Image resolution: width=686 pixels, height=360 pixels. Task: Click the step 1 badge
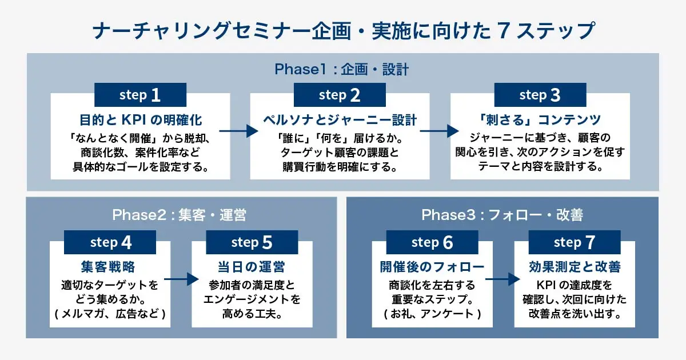click(x=140, y=95)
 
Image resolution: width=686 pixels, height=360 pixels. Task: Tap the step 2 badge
click(x=340, y=95)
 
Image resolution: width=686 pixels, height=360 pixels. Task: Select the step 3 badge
click(x=540, y=95)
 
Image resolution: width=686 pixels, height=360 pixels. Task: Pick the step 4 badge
click(x=110, y=242)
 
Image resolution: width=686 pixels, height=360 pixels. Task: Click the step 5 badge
click(x=252, y=242)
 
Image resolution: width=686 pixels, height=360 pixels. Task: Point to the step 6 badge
click(x=432, y=242)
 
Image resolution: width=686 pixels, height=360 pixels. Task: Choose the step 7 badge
click(x=574, y=242)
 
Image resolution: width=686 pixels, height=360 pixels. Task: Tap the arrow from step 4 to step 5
click(x=181, y=280)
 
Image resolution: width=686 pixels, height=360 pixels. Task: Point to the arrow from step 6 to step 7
click(x=503, y=280)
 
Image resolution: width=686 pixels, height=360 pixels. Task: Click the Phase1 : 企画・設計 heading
click(x=342, y=70)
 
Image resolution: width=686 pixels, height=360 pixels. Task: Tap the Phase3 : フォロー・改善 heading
click(x=502, y=215)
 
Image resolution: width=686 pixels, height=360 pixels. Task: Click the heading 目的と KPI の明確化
click(x=140, y=120)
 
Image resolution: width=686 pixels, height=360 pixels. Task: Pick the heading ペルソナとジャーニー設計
click(x=340, y=120)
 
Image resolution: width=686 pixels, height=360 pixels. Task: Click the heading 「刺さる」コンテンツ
click(x=540, y=120)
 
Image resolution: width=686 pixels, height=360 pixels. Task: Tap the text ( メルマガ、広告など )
click(x=110, y=314)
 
